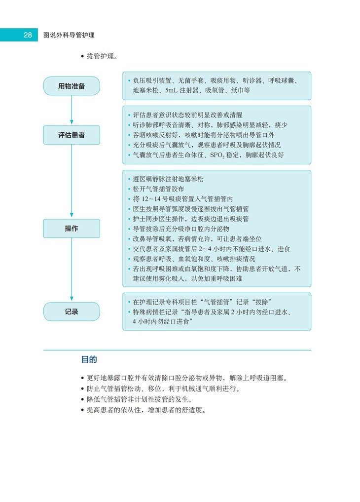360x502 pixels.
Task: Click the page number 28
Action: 27,35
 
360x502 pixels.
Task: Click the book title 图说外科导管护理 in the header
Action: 69,35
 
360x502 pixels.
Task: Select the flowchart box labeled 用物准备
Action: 72,86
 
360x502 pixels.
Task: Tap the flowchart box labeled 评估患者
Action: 72,134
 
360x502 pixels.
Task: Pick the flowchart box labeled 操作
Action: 72,229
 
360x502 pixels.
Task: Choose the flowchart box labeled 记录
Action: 72,311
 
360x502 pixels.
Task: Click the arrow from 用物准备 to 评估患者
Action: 72,110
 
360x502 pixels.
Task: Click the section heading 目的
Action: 89,359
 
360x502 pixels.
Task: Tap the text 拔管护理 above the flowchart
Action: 102,56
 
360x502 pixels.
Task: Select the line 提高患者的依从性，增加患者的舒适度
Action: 146,410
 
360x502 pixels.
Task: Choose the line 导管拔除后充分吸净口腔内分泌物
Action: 188,229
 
